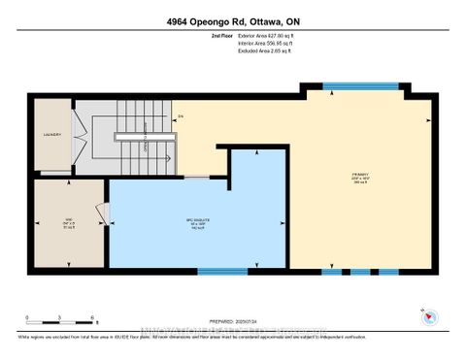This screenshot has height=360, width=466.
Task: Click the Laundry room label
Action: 50,135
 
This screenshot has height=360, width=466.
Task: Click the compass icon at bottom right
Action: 428,315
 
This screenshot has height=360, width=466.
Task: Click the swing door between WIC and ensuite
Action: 101,212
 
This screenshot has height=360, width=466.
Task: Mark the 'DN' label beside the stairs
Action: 180,117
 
